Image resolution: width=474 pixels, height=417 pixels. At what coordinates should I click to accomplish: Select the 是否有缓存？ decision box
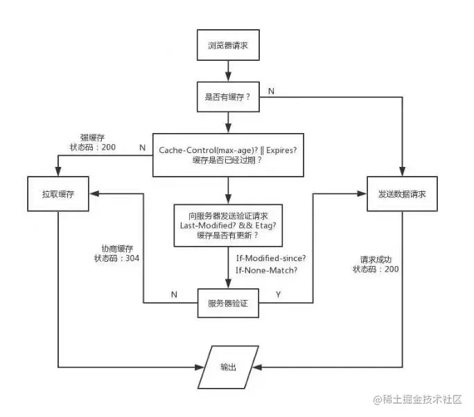[x=227, y=97]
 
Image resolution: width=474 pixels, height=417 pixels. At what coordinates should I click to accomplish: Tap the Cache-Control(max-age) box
[x=227, y=155]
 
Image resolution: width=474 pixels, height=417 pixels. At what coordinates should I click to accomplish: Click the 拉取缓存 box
[x=58, y=195]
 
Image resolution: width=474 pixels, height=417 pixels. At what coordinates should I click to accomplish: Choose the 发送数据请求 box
[x=402, y=195]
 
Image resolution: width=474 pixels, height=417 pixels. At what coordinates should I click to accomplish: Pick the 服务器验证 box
[x=227, y=303]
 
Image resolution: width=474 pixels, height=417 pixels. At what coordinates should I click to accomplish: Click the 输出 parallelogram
[x=227, y=367]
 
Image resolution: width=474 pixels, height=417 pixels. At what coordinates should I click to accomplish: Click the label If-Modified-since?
[x=267, y=258]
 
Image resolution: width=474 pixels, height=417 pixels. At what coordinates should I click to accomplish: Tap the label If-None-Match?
[x=267, y=270]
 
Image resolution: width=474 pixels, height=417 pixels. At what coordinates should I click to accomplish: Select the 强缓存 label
[x=92, y=137]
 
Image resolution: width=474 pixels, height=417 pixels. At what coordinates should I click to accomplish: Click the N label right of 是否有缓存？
[x=271, y=89]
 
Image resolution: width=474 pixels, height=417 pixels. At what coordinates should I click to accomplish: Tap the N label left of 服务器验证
[x=173, y=294]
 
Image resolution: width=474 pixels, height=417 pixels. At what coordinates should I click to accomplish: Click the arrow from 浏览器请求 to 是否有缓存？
[x=227, y=72]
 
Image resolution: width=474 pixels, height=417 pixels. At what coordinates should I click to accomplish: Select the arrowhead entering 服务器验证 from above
[x=227, y=285]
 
